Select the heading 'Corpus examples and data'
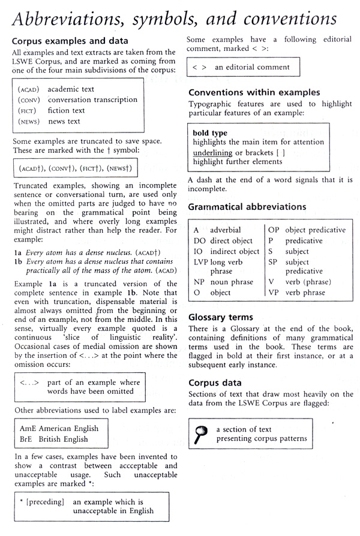(69, 41)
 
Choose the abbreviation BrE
(26, 439)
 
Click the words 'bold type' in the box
(210, 133)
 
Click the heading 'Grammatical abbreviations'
(247, 207)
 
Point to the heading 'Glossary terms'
(221, 317)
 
